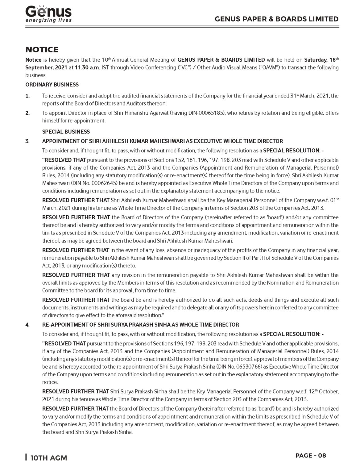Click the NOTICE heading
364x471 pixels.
pyautogui.click(x=42, y=50)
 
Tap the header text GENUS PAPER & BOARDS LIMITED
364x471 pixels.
pyautogui.click(x=277, y=19)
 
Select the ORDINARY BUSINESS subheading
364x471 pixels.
pyautogui.click(x=52, y=85)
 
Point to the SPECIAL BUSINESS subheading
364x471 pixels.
pyautogui.click(x=66, y=132)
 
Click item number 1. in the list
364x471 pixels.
pyautogui.click(x=28, y=96)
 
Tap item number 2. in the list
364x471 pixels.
pyautogui.click(x=28, y=113)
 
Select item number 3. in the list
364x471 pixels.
pyautogui.click(x=28, y=141)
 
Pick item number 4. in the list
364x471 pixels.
pyautogui.click(x=28, y=325)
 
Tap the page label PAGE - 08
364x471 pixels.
pyautogui.click(x=311, y=455)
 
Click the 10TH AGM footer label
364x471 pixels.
pyautogui.click(x=48, y=458)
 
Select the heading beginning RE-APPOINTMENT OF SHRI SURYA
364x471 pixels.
pyautogui.click(x=140, y=325)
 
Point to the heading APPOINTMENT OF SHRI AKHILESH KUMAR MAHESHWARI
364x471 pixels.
pyautogui.click(x=163, y=141)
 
